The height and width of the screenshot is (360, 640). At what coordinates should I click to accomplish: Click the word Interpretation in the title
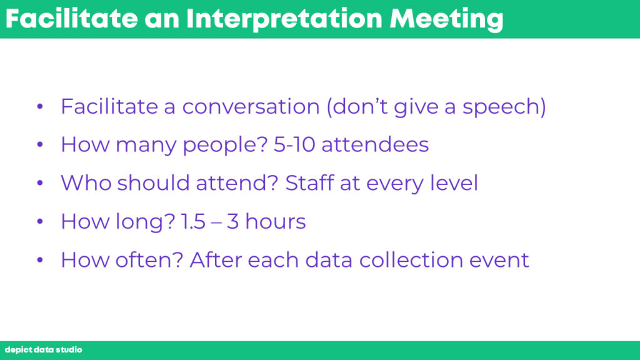[x=284, y=19]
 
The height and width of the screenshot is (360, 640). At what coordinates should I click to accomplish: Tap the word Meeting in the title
[x=446, y=19]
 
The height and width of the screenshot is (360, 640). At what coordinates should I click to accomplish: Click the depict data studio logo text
[x=43, y=350]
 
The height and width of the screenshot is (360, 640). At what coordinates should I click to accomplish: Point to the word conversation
[x=251, y=106]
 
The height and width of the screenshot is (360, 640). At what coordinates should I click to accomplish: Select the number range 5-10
[x=294, y=144]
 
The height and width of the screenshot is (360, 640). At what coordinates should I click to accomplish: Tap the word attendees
[x=375, y=144]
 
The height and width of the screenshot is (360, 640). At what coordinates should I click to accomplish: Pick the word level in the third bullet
[x=454, y=182]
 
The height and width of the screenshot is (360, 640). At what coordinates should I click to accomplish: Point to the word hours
[x=276, y=221]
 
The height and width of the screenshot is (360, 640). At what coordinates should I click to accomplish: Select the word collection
[x=411, y=260]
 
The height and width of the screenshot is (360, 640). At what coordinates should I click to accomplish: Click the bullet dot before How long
[x=39, y=222]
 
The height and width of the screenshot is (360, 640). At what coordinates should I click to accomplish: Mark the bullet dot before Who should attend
[x=39, y=183]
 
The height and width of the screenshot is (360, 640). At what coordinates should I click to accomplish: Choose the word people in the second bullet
[x=221, y=145]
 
